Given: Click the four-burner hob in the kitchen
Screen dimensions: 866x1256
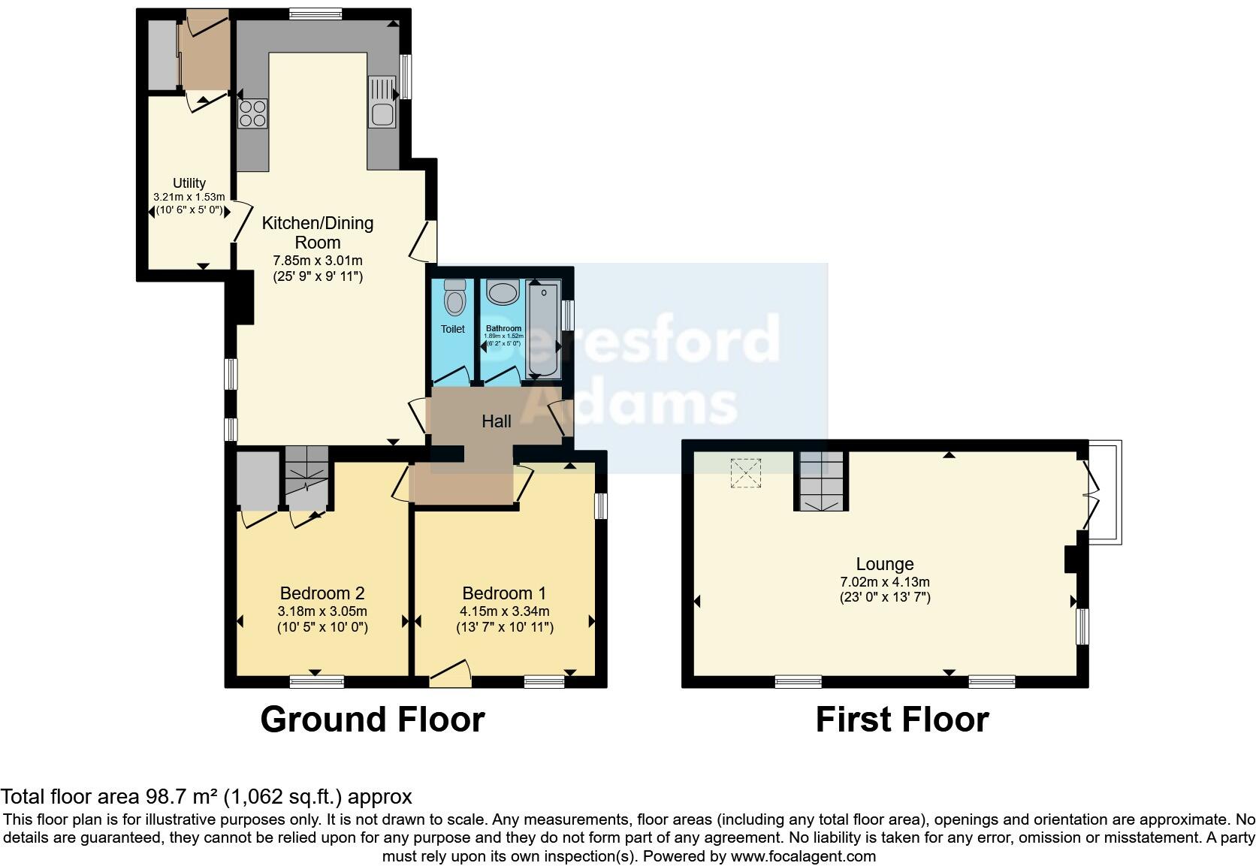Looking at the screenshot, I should [x=252, y=113].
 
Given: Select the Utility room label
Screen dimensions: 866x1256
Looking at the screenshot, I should [x=189, y=183].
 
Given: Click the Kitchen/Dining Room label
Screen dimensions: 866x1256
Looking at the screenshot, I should [x=317, y=232].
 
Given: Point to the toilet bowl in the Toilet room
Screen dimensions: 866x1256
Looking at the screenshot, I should [x=454, y=300].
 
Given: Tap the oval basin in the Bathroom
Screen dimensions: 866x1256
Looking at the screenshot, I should [x=500, y=291].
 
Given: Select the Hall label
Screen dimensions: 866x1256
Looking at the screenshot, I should [x=496, y=422].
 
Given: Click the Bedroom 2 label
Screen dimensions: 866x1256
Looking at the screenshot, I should [x=322, y=593].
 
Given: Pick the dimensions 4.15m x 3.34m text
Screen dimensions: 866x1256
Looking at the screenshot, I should [x=505, y=611].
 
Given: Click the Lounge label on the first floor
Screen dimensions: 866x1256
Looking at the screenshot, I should [x=885, y=564].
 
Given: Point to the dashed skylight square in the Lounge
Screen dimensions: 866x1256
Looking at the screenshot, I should [x=747, y=473].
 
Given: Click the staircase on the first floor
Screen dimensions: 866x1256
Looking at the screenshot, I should [x=821, y=482].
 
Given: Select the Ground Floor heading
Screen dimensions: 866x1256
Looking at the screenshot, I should [x=372, y=720].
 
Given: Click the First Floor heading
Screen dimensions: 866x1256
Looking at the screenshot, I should [x=901, y=720].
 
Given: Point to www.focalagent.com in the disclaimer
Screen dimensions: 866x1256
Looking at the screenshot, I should [x=802, y=856].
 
